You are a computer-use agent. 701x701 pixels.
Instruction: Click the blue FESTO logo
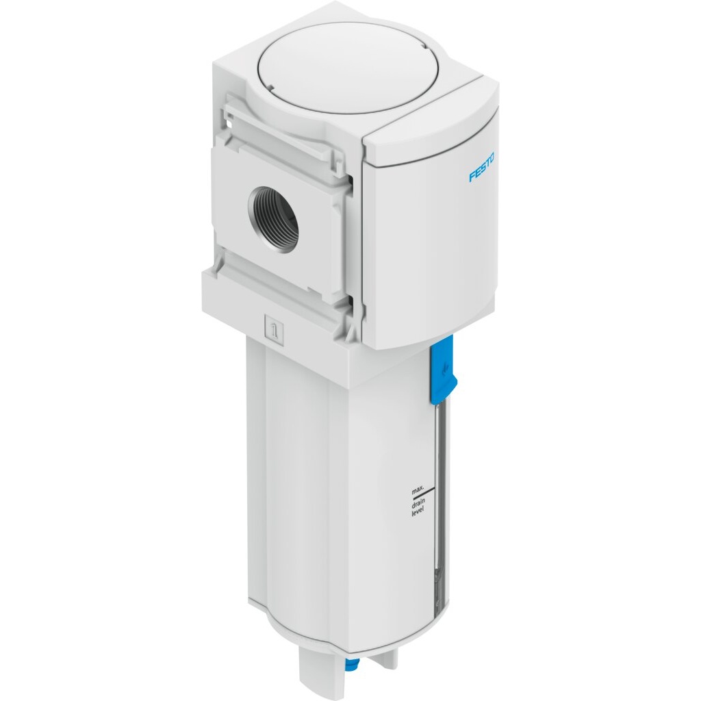[x=482, y=168]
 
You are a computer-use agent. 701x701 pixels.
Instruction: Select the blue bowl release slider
[x=444, y=368]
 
